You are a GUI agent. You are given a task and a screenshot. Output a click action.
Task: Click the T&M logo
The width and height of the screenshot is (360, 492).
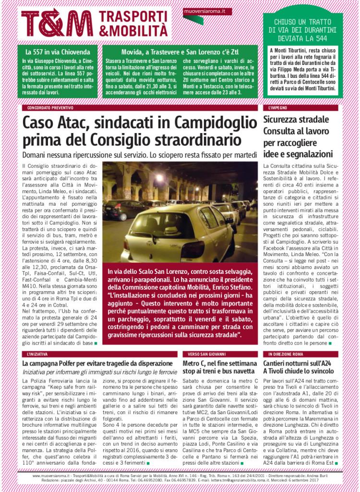pyautogui.click(x=57, y=23)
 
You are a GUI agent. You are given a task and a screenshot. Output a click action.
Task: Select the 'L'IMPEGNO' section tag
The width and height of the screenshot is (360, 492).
pyautogui.click(x=278, y=109)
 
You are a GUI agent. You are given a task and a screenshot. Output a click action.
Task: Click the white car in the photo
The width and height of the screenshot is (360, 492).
pyautogui.click(x=182, y=231)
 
